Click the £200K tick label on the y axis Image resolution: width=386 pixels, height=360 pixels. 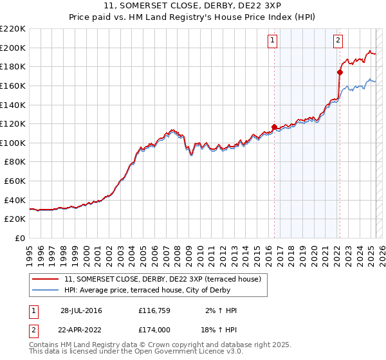point(13,48)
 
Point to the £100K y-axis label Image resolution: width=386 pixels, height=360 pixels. point(13,143)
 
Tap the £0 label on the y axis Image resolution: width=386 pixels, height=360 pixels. point(21,239)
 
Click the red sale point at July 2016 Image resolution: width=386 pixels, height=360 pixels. point(274,127)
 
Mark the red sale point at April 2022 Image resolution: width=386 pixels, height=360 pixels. point(340,72)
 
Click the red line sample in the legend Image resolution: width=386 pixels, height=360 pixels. point(46,279)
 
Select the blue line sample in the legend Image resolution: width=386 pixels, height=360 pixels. point(46,290)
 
